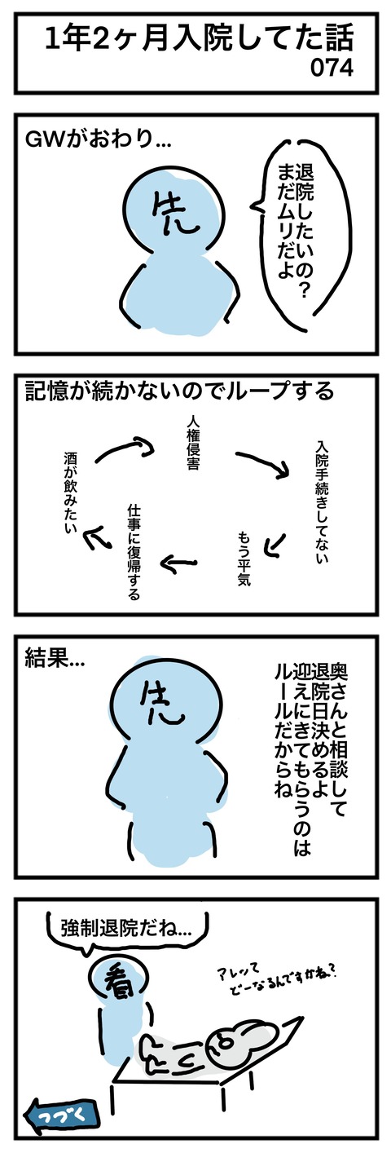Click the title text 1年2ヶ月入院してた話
point(199,40)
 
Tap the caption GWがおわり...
point(98,139)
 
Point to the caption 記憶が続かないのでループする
point(179,391)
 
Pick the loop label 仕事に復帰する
point(134,552)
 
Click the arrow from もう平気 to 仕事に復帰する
point(178,563)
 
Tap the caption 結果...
point(55,660)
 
